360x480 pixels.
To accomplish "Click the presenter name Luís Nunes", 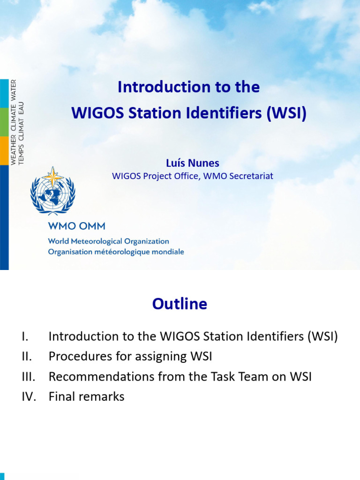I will [192, 163].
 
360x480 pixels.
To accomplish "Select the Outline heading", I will [180, 304].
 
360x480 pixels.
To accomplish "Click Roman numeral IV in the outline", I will [29, 397].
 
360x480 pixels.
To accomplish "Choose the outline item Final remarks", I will [86, 397].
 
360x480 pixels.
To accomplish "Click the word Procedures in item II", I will [77, 356].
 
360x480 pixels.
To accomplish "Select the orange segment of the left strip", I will [4, 150].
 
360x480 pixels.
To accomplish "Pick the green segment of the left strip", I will [4, 122].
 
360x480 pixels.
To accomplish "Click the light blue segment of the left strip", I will [4, 93].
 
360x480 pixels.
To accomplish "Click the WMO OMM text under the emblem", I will [76, 226].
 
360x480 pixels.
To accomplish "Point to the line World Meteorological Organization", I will [108, 241].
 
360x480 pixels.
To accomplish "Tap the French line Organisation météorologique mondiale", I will [116, 252].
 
